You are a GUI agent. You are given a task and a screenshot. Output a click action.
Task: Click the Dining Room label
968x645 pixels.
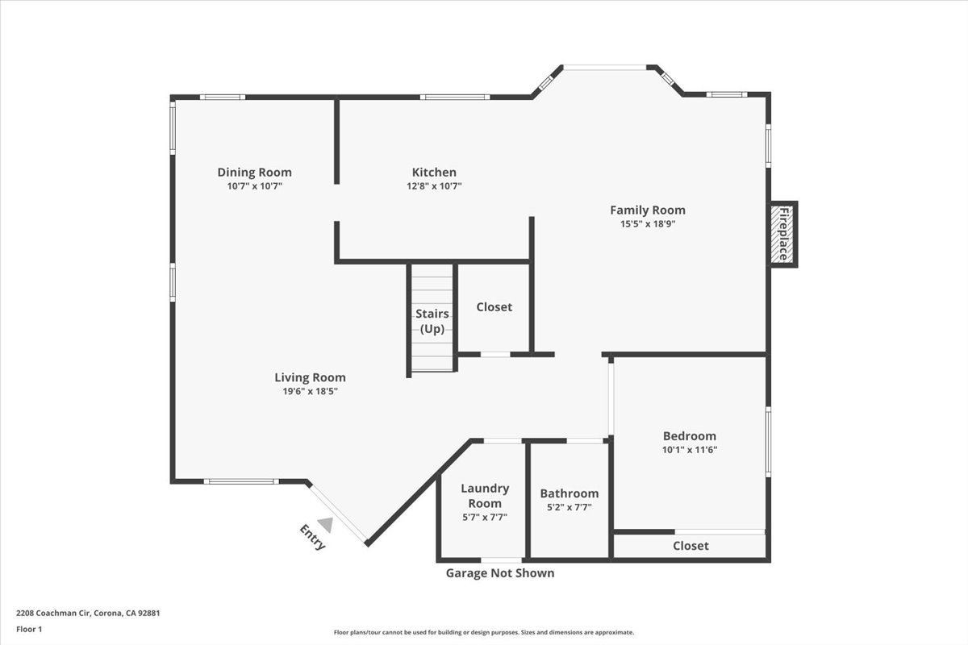coord(254,172)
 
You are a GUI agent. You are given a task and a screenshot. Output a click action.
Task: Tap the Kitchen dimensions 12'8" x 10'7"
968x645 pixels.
coord(434,186)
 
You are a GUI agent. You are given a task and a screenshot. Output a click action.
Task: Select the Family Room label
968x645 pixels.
coord(647,210)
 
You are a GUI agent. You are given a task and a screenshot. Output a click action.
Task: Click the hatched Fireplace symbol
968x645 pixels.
coord(782,235)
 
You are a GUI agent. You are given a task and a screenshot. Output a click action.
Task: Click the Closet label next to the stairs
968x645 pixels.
coord(494,307)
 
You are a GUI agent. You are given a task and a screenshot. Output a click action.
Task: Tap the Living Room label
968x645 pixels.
coord(310,377)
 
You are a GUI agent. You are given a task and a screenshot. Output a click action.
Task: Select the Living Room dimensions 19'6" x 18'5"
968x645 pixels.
coord(310,392)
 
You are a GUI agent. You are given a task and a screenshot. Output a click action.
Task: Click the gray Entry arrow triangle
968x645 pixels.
coord(324,524)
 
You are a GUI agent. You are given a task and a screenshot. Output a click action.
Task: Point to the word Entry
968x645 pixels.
coord(313,538)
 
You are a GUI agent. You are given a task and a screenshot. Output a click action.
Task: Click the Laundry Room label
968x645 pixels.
coord(484,496)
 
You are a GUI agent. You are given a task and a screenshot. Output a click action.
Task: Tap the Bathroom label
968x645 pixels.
coord(569,493)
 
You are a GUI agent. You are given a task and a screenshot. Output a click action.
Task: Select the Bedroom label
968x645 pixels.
coord(689,436)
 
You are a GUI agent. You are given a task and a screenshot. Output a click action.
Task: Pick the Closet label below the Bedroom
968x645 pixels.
coord(691,546)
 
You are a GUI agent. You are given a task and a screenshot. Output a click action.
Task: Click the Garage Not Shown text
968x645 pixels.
coord(500,573)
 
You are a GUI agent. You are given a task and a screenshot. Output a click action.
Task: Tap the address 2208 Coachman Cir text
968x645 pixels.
coord(88,613)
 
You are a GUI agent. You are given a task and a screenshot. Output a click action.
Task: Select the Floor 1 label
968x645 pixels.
coord(29,629)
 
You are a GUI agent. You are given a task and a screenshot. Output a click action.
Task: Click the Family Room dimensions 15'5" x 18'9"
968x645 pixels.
coord(647,224)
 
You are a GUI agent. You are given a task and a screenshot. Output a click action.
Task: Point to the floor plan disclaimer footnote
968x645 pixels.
coord(483,633)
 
